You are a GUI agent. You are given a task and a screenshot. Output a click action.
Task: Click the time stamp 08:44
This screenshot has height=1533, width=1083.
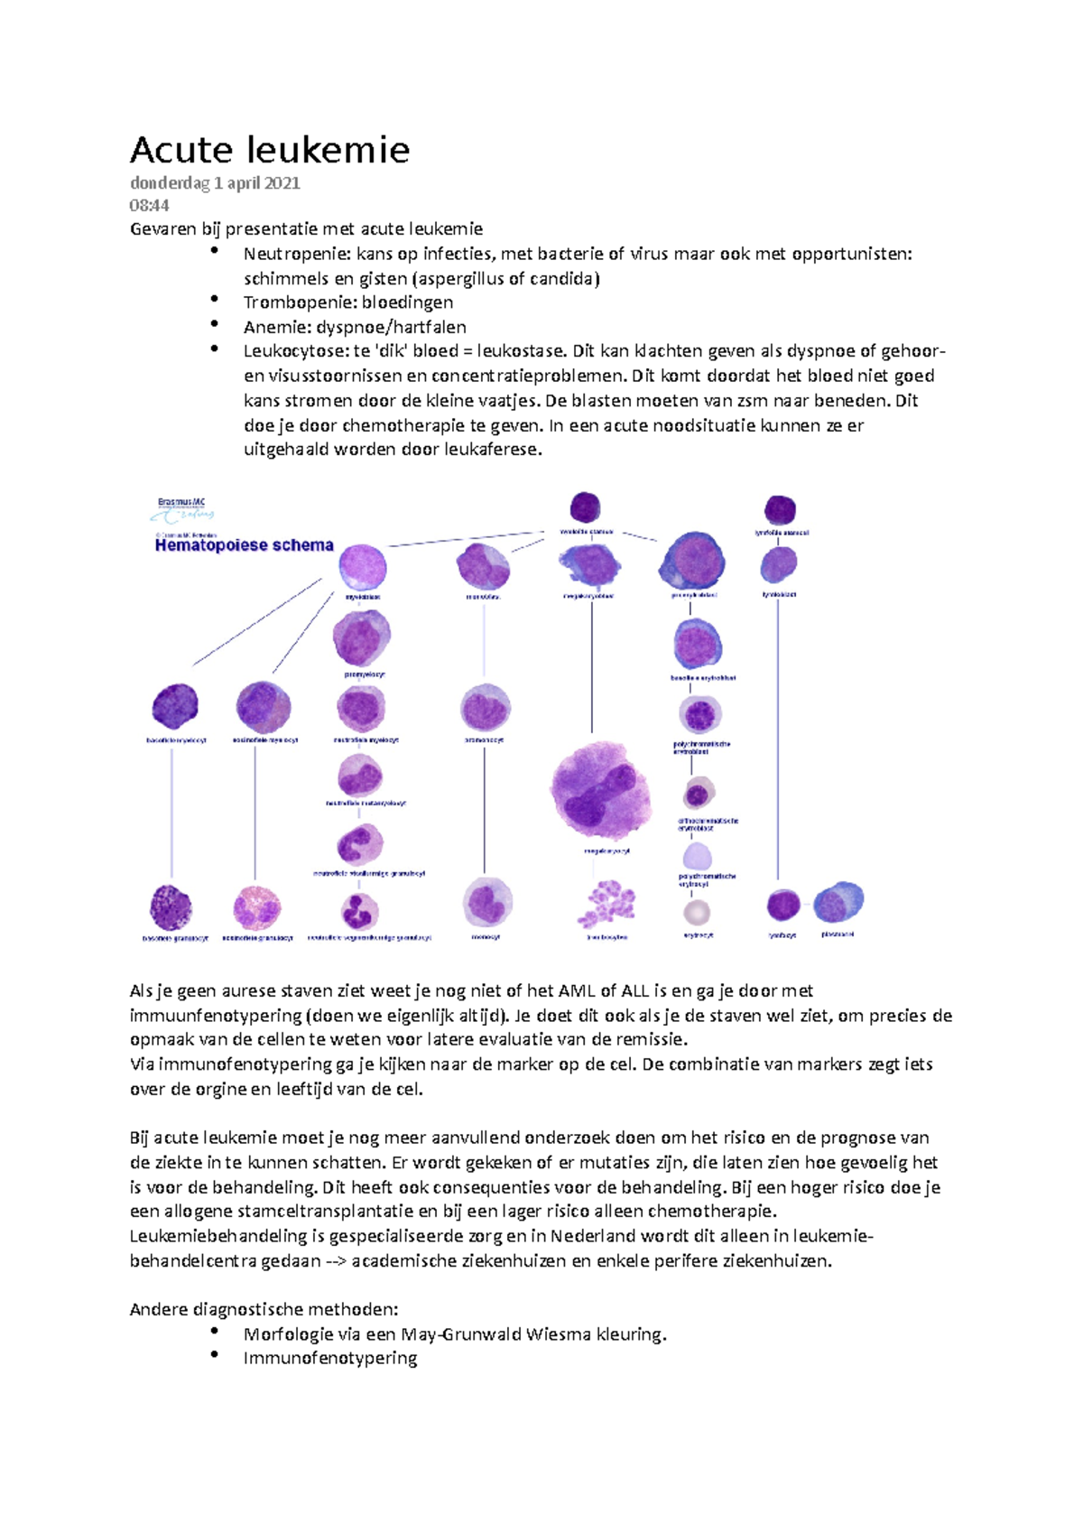pos(149,206)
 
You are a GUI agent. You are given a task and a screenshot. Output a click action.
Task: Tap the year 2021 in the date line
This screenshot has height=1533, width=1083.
pos(282,183)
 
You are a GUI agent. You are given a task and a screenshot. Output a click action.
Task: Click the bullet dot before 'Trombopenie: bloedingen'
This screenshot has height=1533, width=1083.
pos(214,299)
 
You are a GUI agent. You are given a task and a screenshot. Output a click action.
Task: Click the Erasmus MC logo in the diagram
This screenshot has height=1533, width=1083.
pos(182,510)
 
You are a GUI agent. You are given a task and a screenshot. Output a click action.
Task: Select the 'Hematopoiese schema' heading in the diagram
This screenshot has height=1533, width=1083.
pos(244,545)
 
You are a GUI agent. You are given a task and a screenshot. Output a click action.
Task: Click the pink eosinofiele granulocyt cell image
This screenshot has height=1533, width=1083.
pos(257,907)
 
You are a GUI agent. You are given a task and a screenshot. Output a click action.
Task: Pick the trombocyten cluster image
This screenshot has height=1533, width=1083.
pos(606,906)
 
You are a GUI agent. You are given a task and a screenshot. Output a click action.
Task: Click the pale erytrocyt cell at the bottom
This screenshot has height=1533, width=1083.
pos(697,912)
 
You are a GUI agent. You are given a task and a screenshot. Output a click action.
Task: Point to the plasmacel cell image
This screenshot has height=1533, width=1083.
pos(838,903)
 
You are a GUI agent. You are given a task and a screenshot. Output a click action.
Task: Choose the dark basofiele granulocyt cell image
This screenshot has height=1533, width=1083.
pos(171,906)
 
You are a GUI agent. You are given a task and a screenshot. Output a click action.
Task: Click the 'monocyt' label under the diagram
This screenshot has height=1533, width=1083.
pos(486,937)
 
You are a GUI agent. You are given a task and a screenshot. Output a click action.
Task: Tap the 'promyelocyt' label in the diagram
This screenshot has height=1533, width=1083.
pos(364,674)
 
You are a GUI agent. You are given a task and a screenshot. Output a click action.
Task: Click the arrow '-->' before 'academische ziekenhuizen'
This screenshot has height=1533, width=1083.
pos(336,1261)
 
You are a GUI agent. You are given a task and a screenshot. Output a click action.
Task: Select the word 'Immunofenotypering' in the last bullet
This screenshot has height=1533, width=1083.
pos(330,1358)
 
